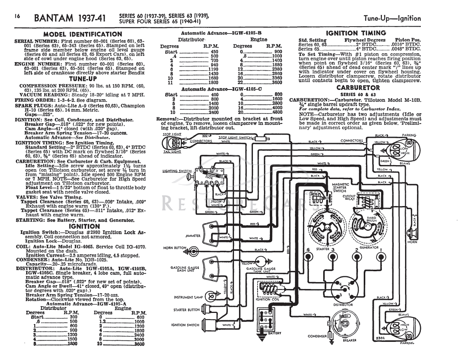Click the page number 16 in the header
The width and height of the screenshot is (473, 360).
(18, 17)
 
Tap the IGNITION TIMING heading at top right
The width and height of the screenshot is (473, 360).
(356, 33)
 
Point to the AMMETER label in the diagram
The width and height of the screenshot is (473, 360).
(193, 236)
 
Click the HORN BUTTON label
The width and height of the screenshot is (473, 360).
(175, 248)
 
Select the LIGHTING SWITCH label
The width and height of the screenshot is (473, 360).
(177, 171)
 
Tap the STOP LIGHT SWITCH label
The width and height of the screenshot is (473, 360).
(235, 137)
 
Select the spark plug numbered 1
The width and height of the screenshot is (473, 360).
(381, 255)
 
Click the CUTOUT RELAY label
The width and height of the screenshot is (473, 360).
(349, 198)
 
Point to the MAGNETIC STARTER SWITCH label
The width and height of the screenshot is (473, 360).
(340, 188)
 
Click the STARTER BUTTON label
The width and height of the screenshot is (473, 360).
(186, 310)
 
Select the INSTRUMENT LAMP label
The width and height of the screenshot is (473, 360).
(188, 297)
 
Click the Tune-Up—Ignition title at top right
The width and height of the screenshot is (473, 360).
(392, 19)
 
